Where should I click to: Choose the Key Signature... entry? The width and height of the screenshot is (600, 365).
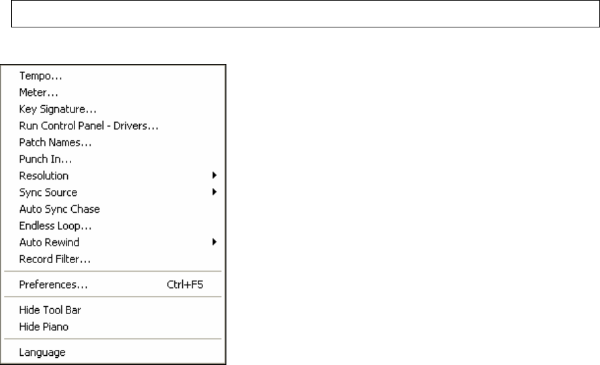tap(58, 109)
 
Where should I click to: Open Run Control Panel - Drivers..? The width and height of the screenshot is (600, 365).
tap(89, 125)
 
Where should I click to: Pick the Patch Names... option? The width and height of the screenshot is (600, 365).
tap(55, 142)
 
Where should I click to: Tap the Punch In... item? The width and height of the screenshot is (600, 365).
tap(46, 159)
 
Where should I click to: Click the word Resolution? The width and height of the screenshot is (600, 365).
tap(44, 176)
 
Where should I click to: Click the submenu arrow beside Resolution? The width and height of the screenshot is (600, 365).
tap(214, 176)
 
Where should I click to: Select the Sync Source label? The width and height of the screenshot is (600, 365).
tap(48, 193)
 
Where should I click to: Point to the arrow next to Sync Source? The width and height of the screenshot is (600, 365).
tap(214, 193)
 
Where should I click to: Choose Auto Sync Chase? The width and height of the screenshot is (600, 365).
tap(59, 210)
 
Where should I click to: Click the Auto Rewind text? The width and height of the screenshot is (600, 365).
tap(49, 243)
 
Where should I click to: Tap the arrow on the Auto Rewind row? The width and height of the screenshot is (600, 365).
tap(214, 243)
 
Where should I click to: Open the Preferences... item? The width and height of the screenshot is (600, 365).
tap(54, 285)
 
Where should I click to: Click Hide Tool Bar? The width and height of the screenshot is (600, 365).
tap(50, 310)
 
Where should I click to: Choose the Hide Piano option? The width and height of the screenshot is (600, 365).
tap(44, 326)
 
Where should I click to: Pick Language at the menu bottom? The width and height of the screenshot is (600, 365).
tap(42, 352)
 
